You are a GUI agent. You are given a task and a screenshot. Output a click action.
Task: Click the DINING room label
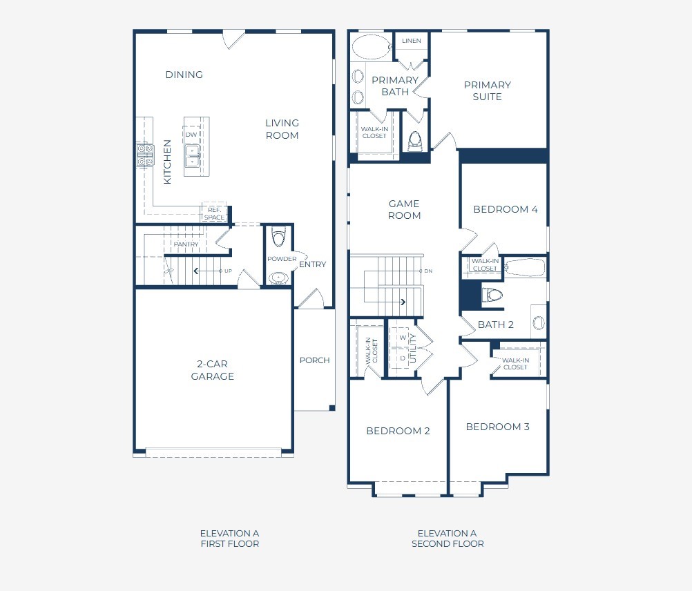click(184, 75)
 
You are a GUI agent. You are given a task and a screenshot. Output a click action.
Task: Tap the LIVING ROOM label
click(282, 129)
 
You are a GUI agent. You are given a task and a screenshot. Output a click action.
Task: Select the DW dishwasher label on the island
click(191, 135)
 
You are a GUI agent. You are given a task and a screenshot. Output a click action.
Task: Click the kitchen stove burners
click(145, 155)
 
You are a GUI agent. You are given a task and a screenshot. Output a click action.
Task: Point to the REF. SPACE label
click(215, 214)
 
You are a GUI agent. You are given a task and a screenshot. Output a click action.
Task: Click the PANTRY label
click(186, 244)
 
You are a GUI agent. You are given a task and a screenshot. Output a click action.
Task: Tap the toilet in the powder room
click(279, 238)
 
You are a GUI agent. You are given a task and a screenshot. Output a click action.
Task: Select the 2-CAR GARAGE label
click(212, 370)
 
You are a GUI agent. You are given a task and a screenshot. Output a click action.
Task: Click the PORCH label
click(315, 360)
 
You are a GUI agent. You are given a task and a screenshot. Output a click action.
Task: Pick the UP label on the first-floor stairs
click(228, 271)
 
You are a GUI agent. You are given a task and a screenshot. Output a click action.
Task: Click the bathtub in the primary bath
click(371, 47)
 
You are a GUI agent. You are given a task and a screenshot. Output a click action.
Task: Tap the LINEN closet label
click(412, 41)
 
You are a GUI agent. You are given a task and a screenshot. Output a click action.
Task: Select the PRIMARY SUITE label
click(487, 91)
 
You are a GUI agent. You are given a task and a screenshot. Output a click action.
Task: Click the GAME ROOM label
click(404, 209)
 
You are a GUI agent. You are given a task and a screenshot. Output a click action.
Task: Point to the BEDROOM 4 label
click(506, 209)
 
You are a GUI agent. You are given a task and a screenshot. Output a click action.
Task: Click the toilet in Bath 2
click(492, 295)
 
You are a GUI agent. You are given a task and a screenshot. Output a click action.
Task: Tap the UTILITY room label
click(414, 349)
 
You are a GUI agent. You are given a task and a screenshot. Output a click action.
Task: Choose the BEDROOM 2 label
click(398, 431)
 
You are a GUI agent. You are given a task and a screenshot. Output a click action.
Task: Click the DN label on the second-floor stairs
click(428, 271)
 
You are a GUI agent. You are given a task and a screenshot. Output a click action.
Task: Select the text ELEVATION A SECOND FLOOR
click(448, 539)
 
